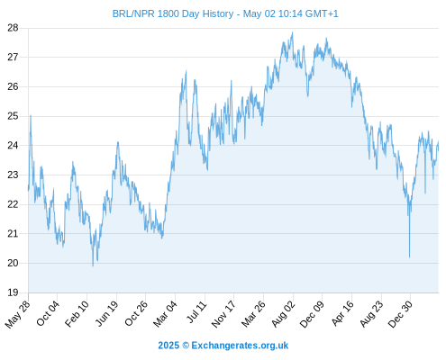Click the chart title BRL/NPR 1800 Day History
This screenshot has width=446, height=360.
tap(173, 13)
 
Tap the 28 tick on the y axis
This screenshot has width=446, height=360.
tap(13, 28)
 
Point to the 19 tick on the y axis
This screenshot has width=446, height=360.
tap(13, 292)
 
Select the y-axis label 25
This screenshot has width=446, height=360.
tap(13, 116)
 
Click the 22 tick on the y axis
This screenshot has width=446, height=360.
tap(13, 204)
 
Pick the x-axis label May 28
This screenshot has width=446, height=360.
tap(18, 314)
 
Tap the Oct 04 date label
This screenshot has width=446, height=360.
tap(48, 313)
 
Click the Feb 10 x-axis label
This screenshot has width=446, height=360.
tap(77, 313)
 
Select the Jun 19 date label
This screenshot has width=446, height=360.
tap(107, 313)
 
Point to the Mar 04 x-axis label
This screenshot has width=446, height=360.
tap(166, 313)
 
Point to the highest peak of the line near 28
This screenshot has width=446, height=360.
tap(293, 32)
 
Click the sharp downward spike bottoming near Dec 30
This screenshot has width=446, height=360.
tap(409, 256)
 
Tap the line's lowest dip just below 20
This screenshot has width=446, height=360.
tap(93, 265)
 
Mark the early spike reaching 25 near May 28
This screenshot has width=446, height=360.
tap(31, 115)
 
